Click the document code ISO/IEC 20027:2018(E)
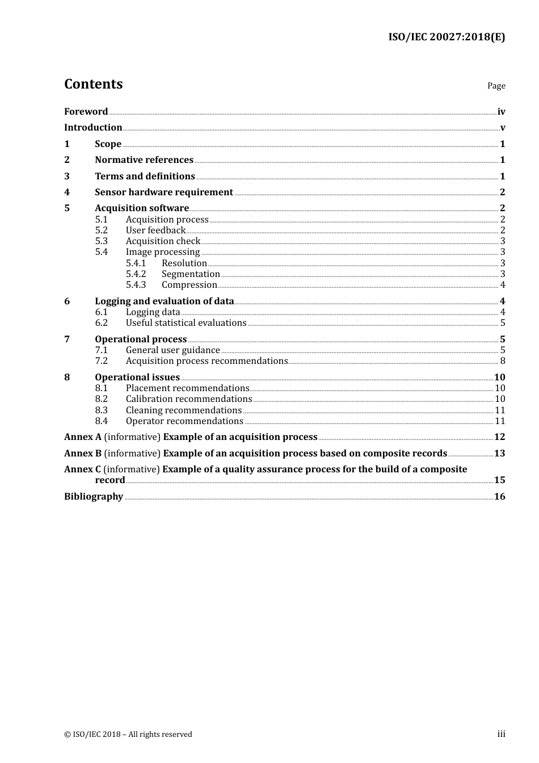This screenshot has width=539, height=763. (x=447, y=37)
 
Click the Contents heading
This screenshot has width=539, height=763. (x=93, y=84)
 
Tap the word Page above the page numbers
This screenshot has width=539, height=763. (x=496, y=86)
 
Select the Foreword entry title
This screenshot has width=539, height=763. (x=86, y=111)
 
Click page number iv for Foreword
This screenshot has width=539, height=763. (x=501, y=112)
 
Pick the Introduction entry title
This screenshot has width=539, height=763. (x=93, y=128)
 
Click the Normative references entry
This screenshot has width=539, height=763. (x=144, y=160)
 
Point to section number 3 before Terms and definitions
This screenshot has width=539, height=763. (x=67, y=177)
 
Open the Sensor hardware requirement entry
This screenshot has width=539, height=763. (x=164, y=192)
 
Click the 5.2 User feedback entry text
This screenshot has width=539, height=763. (x=155, y=230)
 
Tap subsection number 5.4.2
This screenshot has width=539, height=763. (x=136, y=274)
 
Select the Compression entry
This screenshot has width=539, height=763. (x=189, y=285)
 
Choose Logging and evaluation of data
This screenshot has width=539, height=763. (x=165, y=301)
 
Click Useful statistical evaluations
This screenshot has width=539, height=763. (x=186, y=323)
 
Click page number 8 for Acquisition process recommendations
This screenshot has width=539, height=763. (x=502, y=361)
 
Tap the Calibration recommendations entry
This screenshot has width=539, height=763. (x=189, y=399)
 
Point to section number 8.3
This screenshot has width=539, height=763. (x=101, y=410)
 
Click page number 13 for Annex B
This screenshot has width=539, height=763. (x=499, y=454)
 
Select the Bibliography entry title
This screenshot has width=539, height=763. (x=94, y=497)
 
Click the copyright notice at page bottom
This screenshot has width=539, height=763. (x=128, y=735)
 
